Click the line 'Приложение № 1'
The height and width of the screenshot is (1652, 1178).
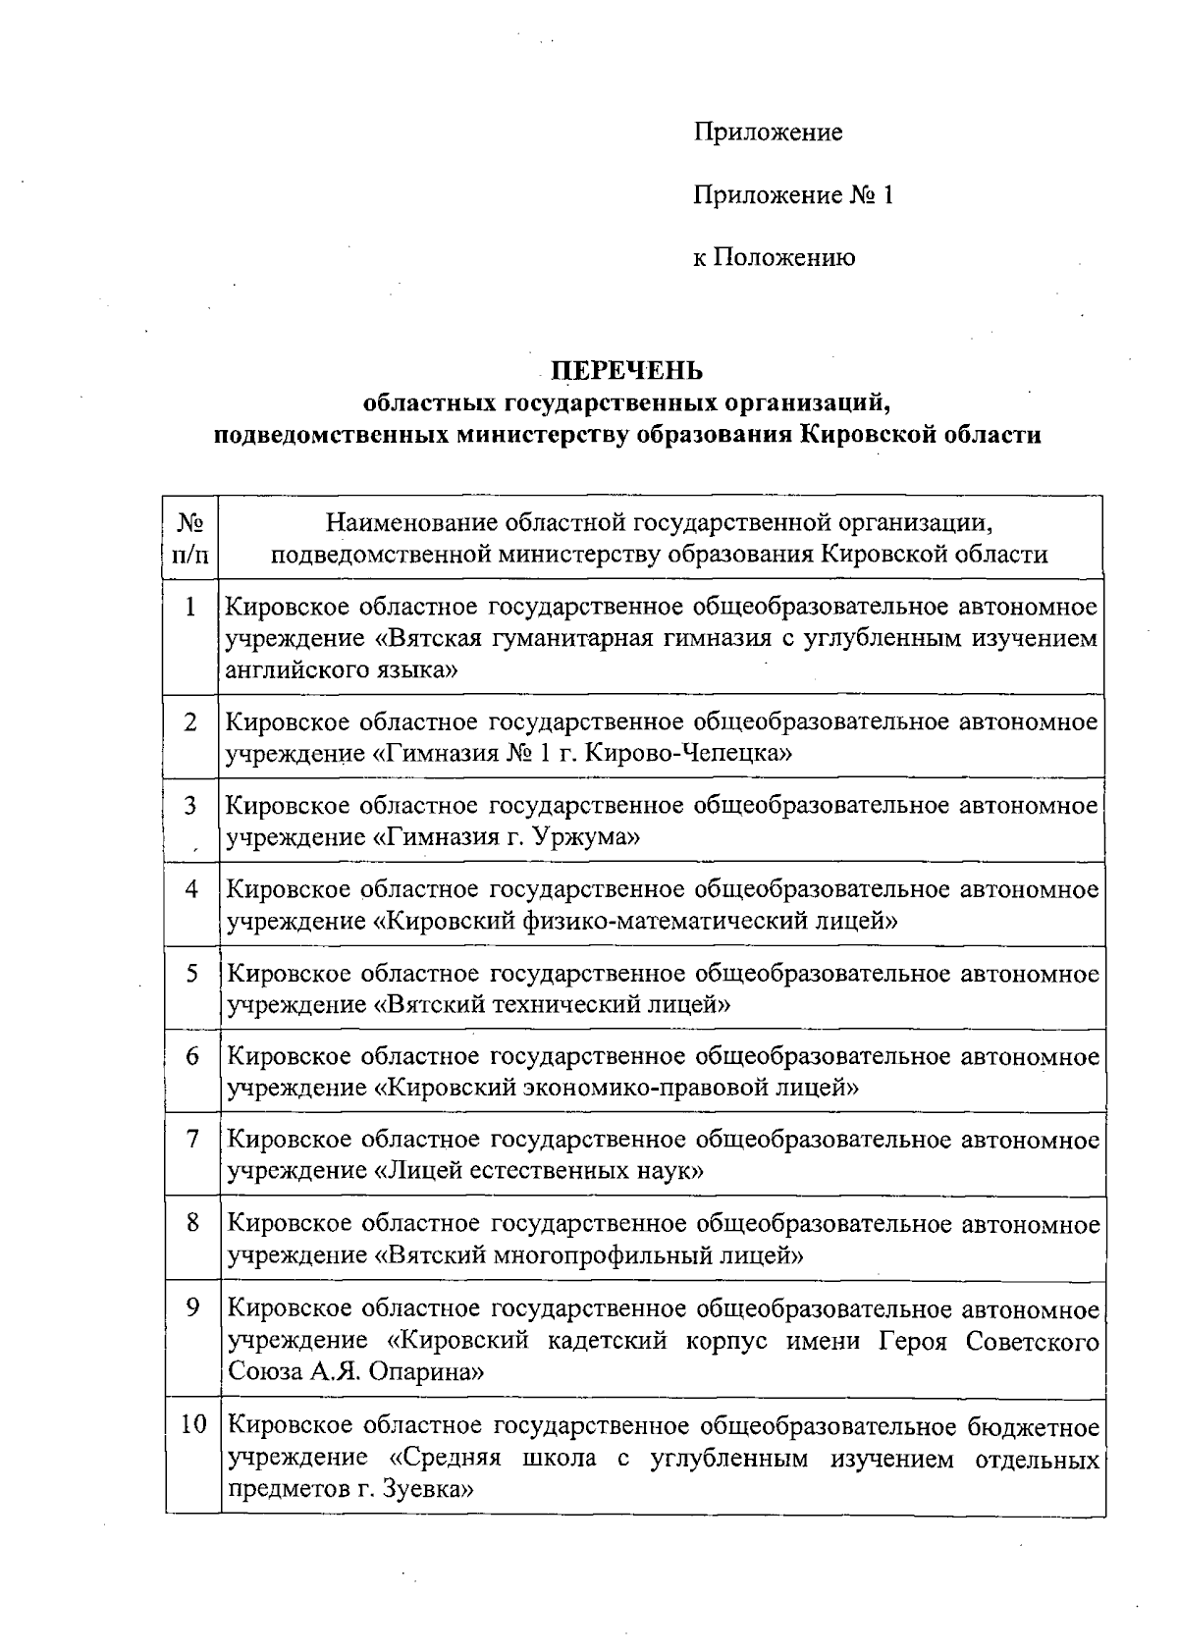pos(793,195)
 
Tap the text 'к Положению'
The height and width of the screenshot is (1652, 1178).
pos(774,258)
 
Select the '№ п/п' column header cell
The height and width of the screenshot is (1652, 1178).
pos(191,538)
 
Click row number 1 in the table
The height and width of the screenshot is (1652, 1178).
pos(190,606)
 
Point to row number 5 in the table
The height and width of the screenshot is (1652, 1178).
pos(192,973)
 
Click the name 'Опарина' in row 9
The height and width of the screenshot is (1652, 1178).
pos(429,1371)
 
